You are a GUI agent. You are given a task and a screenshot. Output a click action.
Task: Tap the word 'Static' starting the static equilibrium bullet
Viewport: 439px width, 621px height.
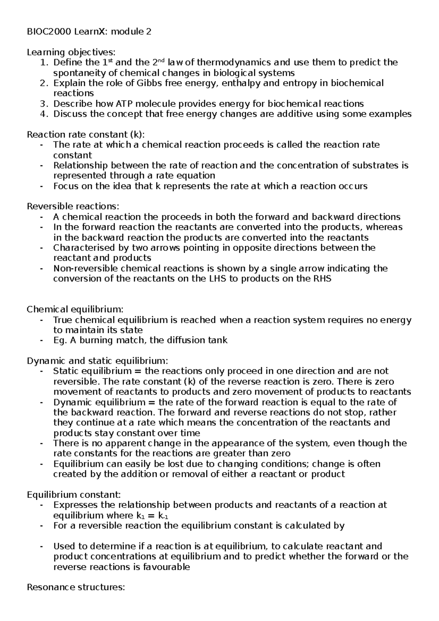(x=65, y=371)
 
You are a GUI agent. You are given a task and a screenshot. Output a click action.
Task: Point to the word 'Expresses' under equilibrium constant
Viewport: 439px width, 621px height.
(x=75, y=505)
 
